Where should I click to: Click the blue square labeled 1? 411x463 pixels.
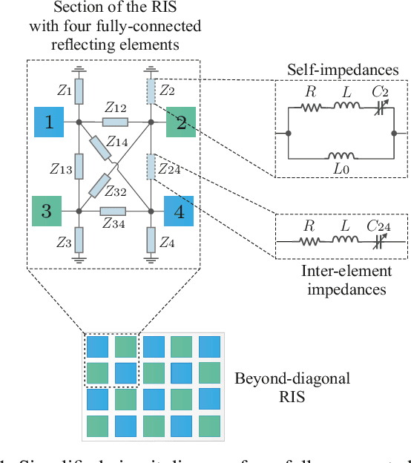click(x=50, y=122)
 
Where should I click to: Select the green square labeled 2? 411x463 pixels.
click(x=180, y=122)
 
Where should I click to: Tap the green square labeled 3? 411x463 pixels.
click(x=46, y=211)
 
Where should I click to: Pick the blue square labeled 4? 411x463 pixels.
click(x=178, y=211)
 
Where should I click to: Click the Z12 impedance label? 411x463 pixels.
click(x=116, y=108)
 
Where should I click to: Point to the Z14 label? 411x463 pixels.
click(x=117, y=140)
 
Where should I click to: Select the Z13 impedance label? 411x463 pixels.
click(x=61, y=168)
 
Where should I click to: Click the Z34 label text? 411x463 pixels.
click(x=114, y=225)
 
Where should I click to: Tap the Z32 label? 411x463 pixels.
click(x=114, y=191)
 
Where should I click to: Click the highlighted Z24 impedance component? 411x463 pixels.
click(x=151, y=166)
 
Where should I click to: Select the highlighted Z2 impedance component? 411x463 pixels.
click(x=151, y=92)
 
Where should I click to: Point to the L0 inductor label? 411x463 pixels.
click(x=341, y=169)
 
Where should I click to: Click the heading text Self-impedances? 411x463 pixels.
click(x=342, y=70)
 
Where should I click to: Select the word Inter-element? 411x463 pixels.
click(x=342, y=272)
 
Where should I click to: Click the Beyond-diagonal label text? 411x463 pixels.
click(x=292, y=378)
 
